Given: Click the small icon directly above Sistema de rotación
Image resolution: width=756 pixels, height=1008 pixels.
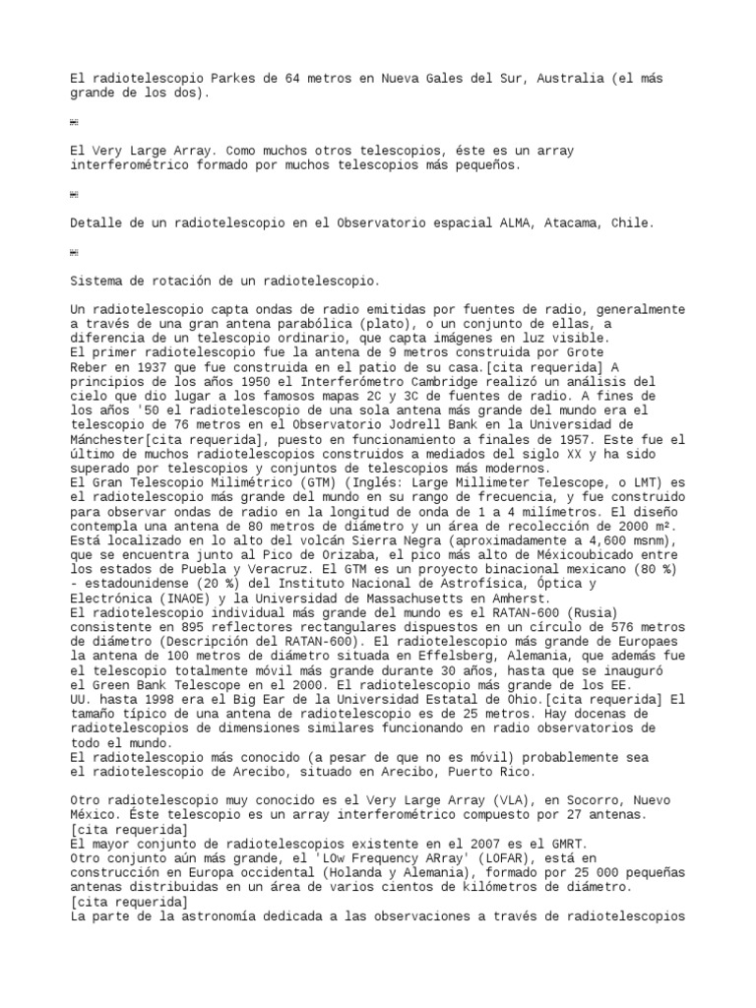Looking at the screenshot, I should point(74,253).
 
